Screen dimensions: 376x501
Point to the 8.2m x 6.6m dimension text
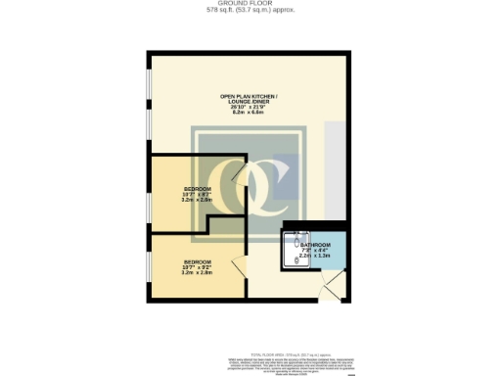coord(250,113)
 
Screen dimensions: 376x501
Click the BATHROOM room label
coord(314,245)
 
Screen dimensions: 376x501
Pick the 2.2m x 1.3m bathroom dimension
coord(314,256)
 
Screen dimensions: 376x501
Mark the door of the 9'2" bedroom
coord(237,264)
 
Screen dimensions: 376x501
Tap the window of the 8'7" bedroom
coord(149,192)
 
